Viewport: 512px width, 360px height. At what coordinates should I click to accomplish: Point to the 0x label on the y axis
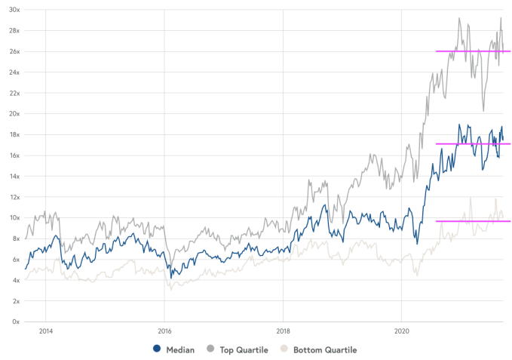(x=16, y=322)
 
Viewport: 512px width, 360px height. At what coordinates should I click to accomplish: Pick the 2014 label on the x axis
(x=45, y=331)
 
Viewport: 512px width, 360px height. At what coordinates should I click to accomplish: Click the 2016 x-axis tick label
(x=164, y=331)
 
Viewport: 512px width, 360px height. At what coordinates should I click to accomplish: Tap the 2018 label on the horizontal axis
(x=283, y=331)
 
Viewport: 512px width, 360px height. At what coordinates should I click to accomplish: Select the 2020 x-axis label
(x=402, y=331)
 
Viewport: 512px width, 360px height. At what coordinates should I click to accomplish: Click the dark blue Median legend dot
(x=157, y=349)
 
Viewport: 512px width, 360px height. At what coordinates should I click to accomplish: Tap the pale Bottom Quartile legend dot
(x=284, y=349)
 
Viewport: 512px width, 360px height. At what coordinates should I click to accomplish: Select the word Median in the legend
(x=180, y=349)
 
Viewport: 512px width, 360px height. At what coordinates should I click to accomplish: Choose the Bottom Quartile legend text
(x=325, y=349)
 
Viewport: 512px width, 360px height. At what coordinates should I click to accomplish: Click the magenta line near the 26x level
(x=473, y=51)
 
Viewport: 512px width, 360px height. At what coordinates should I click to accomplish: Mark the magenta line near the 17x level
(x=473, y=144)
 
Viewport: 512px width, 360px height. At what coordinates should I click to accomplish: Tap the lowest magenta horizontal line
(x=473, y=221)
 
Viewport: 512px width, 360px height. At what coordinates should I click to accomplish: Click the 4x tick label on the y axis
(x=16, y=280)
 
